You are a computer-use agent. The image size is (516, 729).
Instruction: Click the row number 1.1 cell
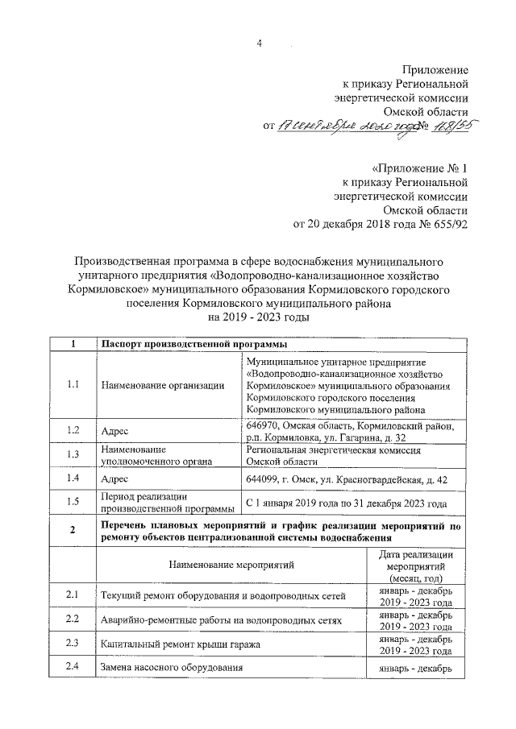(x=73, y=384)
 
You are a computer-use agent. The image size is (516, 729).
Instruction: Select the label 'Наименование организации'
(x=163, y=385)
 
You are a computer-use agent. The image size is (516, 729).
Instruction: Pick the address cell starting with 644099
(x=346, y=479)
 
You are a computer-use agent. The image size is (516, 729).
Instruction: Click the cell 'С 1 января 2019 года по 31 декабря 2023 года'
(x=346, y=503)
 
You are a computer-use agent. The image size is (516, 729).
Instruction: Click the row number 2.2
(x=73, y=619)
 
